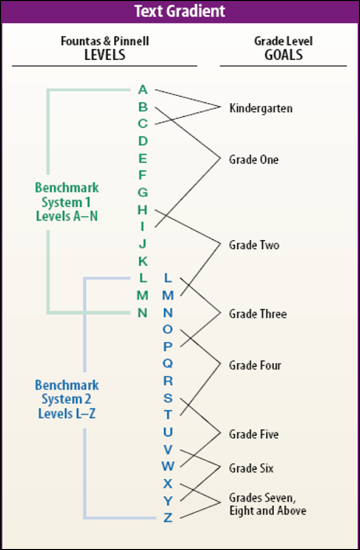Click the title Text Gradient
pyautogui.click(x=180, y=11)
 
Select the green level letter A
pyautogui.click(x=143, y=90)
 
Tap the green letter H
pyautogui.click(x=142, y=210)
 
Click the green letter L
pyautogui.click(x=143, y=278)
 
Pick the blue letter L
pyautogui.click(x=168, y=278)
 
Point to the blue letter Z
pyautogui.click(x=168, y=517)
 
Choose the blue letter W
pyautogui.click(x=168, y=466)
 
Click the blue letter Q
pyautogui.click(x=168, y=363)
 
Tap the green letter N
pyautogui.click(x=142, y=312)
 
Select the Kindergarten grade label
pyautogui.click(x=261, y=108)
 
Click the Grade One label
pyautogui.click(x=254, y=159)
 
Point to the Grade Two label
pyautogui.click(x=254, y=245)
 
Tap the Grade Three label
pyautogui.click(x=258, y=313)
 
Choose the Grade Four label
pyautogui.click(x=255, y=365)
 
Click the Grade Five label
pyautogui.click(x=254, y=434)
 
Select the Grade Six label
pyautogui.click(x=251, y=468)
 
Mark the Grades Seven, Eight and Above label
pyautogui.click(x=268, y=504)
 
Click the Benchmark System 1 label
pyautogui.click(x=67, y=202)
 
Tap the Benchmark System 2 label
pyautogui.click(x=67, y=399)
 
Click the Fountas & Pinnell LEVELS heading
pyautogui.click(x=105, y=48)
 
